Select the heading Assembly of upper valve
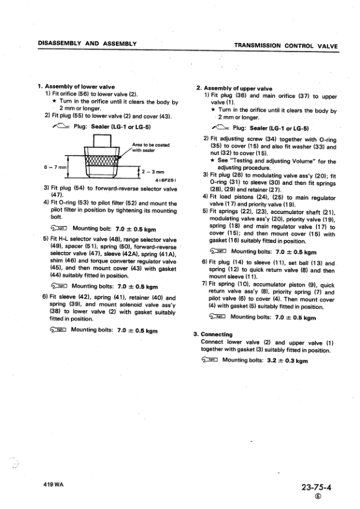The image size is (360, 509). click(x=239, y=88)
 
